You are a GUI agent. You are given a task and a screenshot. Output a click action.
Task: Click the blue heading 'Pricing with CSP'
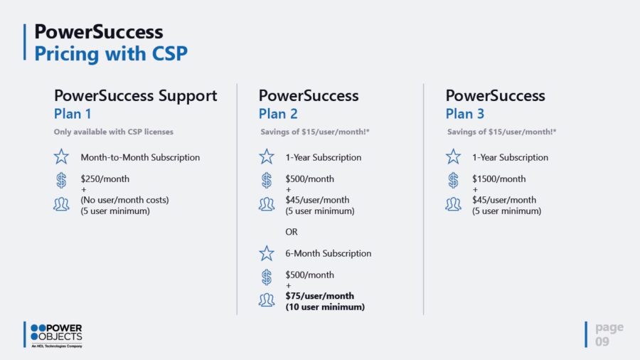pos(111,54)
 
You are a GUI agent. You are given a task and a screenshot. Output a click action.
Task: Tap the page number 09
pos(602,342)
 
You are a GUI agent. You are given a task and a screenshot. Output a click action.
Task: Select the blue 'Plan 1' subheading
pos(73,114)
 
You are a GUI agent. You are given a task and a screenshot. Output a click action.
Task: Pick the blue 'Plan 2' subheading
pos(278,114)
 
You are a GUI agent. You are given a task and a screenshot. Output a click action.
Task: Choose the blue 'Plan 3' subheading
pos(464,114)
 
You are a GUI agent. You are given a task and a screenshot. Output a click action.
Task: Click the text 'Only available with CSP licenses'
pos(114,132)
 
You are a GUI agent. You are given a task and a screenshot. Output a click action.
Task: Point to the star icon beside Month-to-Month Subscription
pos(61,157)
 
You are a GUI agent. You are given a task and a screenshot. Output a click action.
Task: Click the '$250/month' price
pos(105,179)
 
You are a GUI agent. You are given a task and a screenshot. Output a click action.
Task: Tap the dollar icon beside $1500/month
pos(453,180)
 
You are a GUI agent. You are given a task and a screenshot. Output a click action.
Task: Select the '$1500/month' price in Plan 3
pos(498,179)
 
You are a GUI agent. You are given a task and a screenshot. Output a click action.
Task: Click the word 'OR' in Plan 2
pos(292,232)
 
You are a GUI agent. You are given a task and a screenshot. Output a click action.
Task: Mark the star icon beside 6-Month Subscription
pos(267,253)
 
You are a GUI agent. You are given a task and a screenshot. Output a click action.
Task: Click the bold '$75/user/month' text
pos(319,296)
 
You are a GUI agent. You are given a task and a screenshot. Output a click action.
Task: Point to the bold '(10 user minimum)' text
pos(325,307)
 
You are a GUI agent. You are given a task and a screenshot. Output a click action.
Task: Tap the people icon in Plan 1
pos(61,204)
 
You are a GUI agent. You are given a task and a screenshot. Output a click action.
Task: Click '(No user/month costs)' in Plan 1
pos(124,200)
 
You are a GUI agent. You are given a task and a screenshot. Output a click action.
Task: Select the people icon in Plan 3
pos(453,204)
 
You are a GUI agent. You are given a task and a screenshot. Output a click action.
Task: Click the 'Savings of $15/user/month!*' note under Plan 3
pos(501,132)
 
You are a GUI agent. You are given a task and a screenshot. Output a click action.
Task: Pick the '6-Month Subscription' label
pos(328,253)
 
